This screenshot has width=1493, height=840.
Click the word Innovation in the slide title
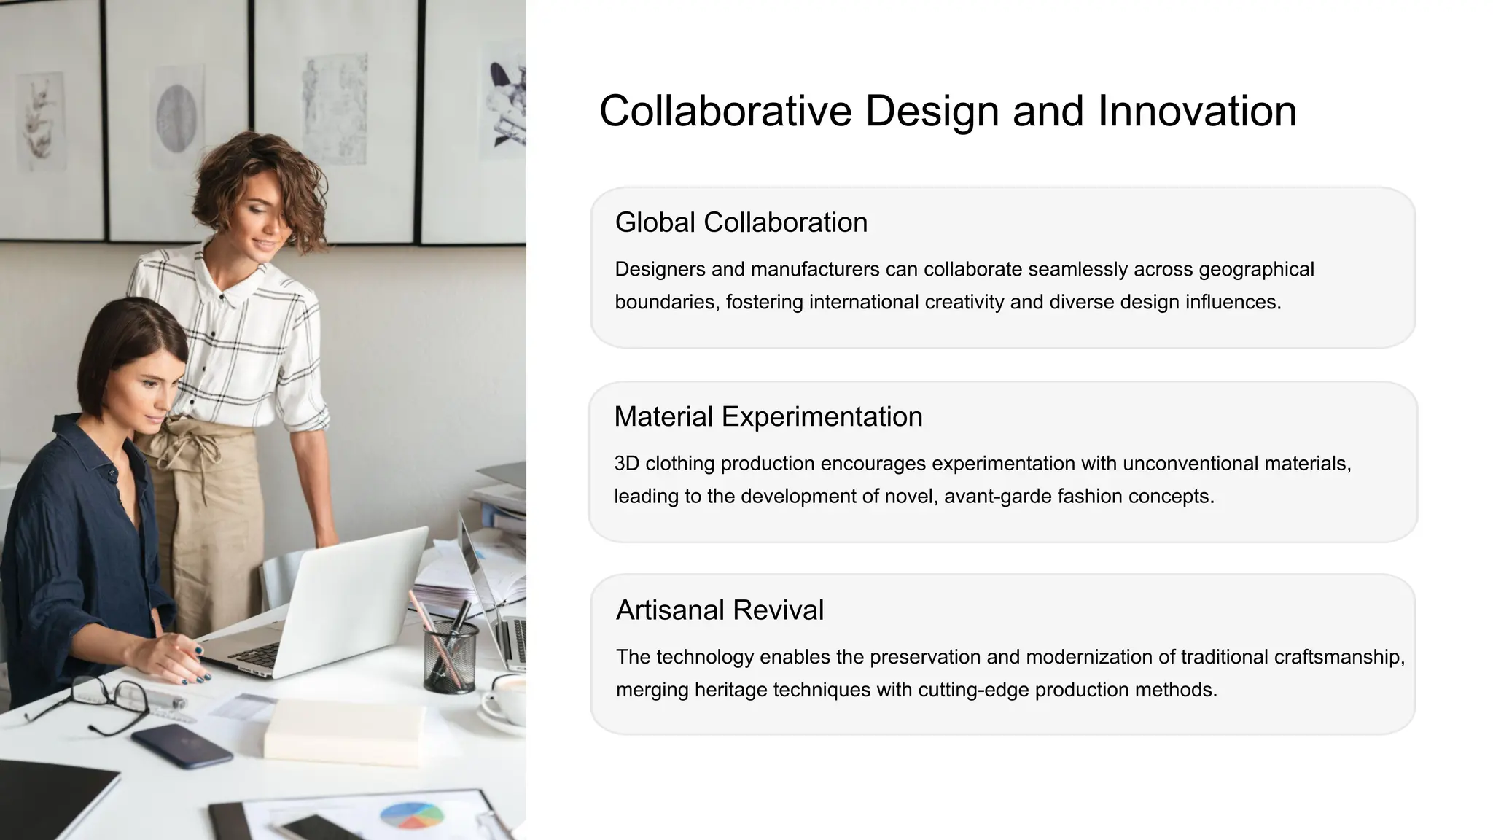pos(1196,111)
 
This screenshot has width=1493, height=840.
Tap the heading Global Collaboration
pos(741,222)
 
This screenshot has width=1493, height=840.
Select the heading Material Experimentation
pos(768,416)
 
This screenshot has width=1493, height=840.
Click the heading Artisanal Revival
pos(720,610)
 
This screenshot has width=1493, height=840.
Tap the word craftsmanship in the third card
pos(1338,657)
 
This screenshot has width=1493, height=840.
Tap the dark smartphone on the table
pos(182,745)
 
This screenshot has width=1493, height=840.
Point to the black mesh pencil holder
pos(451,656)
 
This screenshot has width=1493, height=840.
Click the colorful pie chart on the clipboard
pos(412,815)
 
